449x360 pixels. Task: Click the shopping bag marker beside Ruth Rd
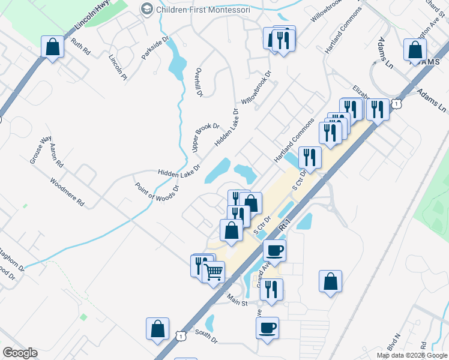coord(53,47)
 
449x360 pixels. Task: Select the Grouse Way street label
coord(41,150)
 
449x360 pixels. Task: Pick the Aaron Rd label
coord(56,155)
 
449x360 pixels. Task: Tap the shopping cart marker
coord(214,272)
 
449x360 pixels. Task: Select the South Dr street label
coord(206,336)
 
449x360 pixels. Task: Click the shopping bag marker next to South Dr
coord(157,329)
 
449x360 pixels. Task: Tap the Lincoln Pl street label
coord(118,66)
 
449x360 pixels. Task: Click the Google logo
coord(20,353)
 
